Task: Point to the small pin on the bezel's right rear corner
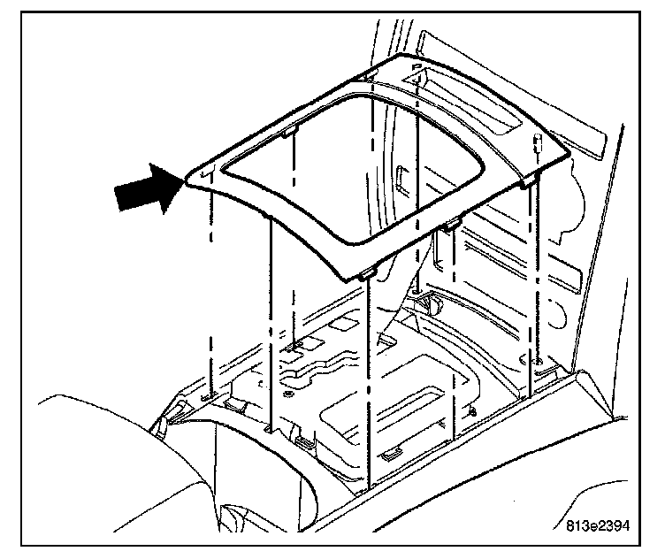[537, 141]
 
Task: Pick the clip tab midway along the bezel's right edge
[450, 224]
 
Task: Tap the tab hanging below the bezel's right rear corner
[530, 182]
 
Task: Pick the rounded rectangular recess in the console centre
[389, 407]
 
